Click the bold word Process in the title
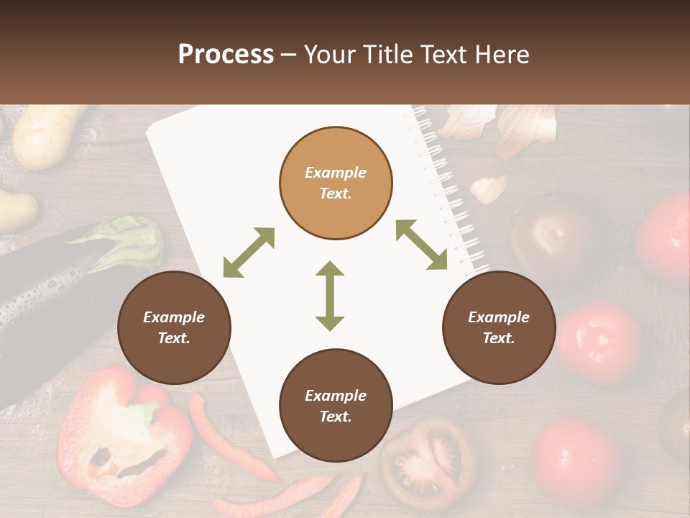pyautogui.click(x=226, y=55)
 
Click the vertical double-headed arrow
pyautogui.click(x=330, y=296)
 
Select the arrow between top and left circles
pyautogui.click(x=249, y=252)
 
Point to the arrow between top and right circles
pyautogui.click(x=421, y=245)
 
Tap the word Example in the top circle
pyautogui.click(x=336, y=173)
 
